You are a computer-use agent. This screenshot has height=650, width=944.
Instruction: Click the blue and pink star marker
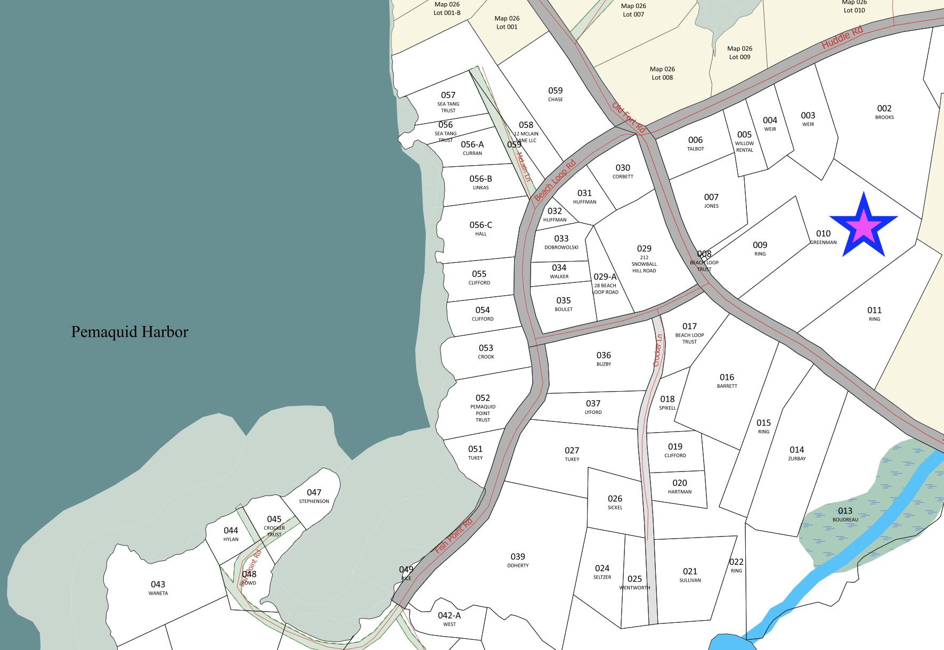(864, 226)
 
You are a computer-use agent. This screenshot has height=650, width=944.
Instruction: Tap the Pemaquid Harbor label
(129, 332)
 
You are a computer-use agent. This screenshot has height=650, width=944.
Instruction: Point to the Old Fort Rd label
(629, 118)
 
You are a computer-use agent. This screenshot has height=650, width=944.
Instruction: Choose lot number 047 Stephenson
(314, 495)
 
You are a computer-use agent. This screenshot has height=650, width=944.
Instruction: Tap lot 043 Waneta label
(158, 587)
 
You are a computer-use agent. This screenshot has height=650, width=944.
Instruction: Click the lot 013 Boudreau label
(845, 514)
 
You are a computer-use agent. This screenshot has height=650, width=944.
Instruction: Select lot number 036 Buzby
(604, 358)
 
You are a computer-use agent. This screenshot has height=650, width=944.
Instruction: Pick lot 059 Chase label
(555, 94)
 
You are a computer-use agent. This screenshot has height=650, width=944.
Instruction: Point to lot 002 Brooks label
(884, 111)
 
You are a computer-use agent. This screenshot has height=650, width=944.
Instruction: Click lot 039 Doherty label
(518, 559)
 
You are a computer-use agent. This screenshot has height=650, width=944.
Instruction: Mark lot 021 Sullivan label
(690, 574)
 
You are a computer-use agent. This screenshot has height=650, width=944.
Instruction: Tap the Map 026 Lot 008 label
(662, 73)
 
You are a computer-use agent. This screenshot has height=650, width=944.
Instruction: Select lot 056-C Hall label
(481, 228)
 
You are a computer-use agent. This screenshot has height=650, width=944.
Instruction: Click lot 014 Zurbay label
(797, 453)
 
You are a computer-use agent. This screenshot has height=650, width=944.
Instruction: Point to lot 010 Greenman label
(823, 237)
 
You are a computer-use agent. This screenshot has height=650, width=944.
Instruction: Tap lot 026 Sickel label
(615, 502)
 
